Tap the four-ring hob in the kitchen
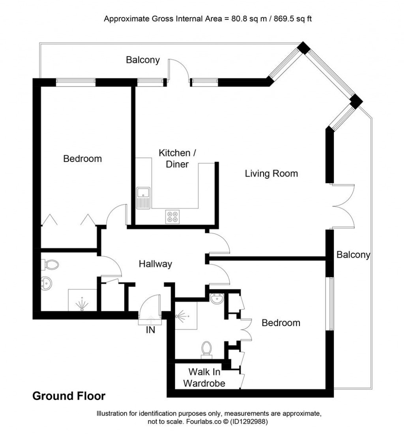[x=172, y=216]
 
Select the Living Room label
[x=271, y=173]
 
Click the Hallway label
[x=155, y=264]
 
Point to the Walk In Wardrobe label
[x=206, y=377]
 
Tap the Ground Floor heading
[x=69, y=396]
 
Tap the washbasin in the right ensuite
[x=216, y=299]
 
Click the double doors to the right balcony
[x=343, y=206]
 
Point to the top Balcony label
[x=143, y=60]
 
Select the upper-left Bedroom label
[x=82, y=159]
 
